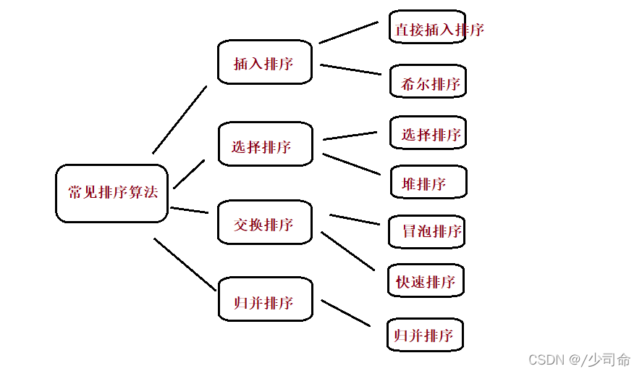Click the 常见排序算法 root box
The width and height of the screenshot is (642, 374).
click(112, 193)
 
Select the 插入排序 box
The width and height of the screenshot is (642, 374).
click(265, 62)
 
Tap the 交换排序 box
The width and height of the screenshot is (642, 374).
click(265, 224)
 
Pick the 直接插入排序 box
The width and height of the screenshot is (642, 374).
click(427, 29)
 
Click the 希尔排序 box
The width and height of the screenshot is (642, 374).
click(428, 82)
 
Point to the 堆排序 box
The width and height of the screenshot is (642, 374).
click(428, 183)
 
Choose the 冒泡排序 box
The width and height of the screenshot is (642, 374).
click(427, 232)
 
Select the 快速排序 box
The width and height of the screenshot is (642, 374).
click(425, 281)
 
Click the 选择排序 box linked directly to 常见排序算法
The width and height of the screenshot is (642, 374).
click(265, 146)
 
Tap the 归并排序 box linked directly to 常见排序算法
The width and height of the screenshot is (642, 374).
click(265, 302)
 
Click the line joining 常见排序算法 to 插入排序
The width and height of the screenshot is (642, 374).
click(179, 120)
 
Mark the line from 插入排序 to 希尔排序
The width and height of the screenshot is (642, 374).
click(350, 70)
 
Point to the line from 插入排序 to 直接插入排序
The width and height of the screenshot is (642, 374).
click(348, 32)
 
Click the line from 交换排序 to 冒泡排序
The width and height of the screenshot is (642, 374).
click(355, 219)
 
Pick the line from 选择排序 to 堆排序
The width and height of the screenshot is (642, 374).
click(352, 164)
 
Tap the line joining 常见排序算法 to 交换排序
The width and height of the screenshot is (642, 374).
click(190, 210)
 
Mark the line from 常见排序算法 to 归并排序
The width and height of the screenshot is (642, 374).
click(185, 265)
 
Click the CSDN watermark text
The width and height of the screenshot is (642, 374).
click(546, 360)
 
